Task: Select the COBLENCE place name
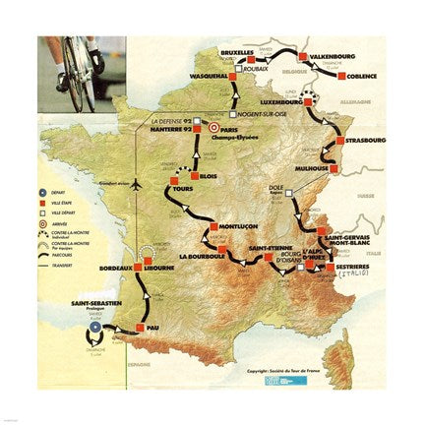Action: click(362, 76)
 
